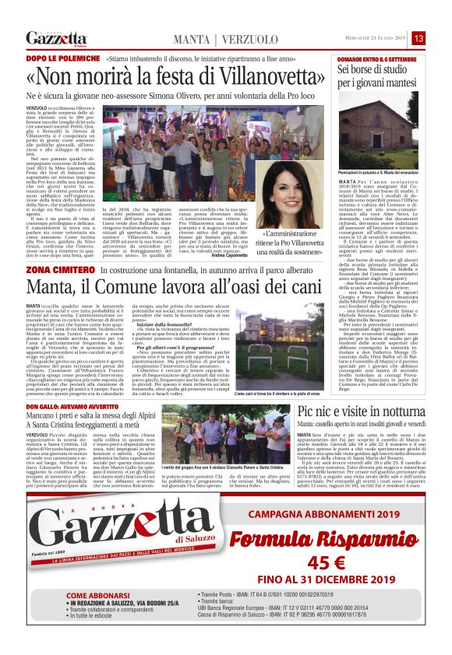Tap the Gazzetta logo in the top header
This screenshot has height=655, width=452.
55,38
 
